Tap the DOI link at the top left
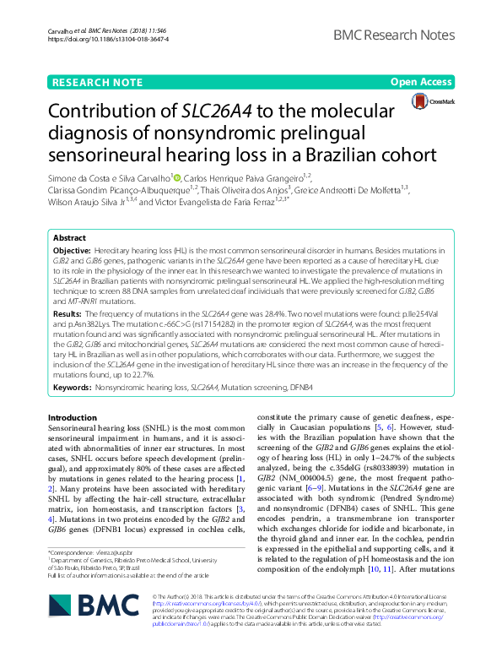coord(96,40)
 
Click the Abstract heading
coord(70,239)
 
